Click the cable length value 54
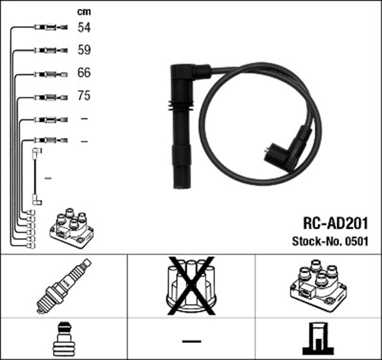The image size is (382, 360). point(84,27)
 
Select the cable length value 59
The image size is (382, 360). point(84,50)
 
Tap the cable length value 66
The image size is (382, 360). point(84,73)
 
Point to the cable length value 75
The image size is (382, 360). point(84,96)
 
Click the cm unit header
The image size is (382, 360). point(84,11)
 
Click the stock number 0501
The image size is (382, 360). point(357,242)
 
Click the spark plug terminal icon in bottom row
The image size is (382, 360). point(63,340)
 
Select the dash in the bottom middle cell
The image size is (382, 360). point(191,340)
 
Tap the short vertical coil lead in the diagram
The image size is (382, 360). point(36,177)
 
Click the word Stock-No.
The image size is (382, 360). point(315,242)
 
